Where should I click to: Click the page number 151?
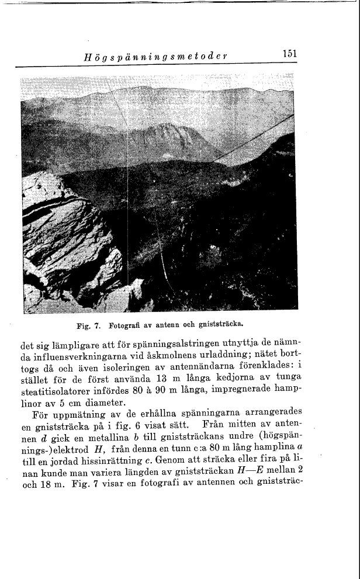[x=289, y=54]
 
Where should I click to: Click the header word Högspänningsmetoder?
[x=155, y=56]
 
